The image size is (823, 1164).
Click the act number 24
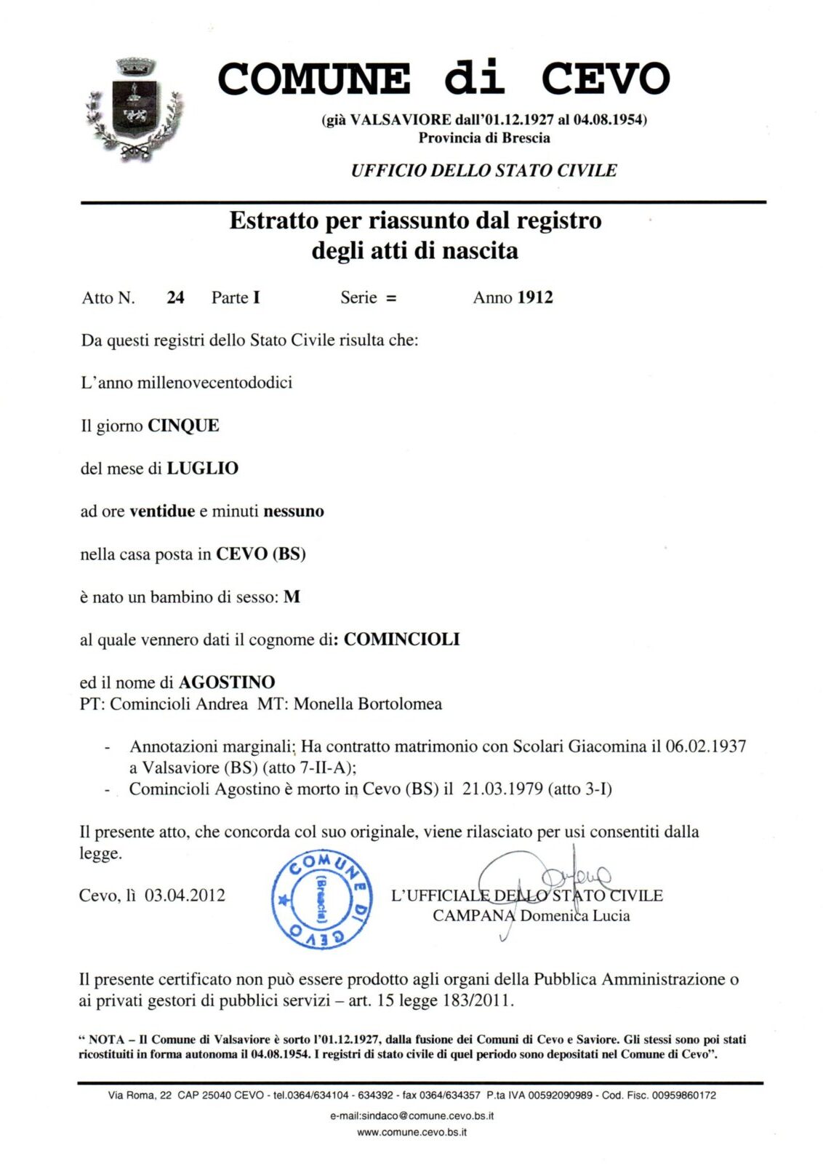[175, 298]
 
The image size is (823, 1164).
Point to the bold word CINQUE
[183, 426]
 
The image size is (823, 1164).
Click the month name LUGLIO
[202, 469]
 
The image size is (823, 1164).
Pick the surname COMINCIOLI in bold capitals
[401, 639]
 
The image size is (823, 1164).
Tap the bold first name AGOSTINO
[227, 682]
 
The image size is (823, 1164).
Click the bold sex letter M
[292, 597]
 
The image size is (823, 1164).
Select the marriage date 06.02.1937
[705, 746]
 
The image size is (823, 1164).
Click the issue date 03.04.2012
[185, 896]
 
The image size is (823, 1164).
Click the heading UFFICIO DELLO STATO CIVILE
[483, 171]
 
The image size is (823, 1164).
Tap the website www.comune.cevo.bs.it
[411, 1132]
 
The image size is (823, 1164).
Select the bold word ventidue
[162, 511]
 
